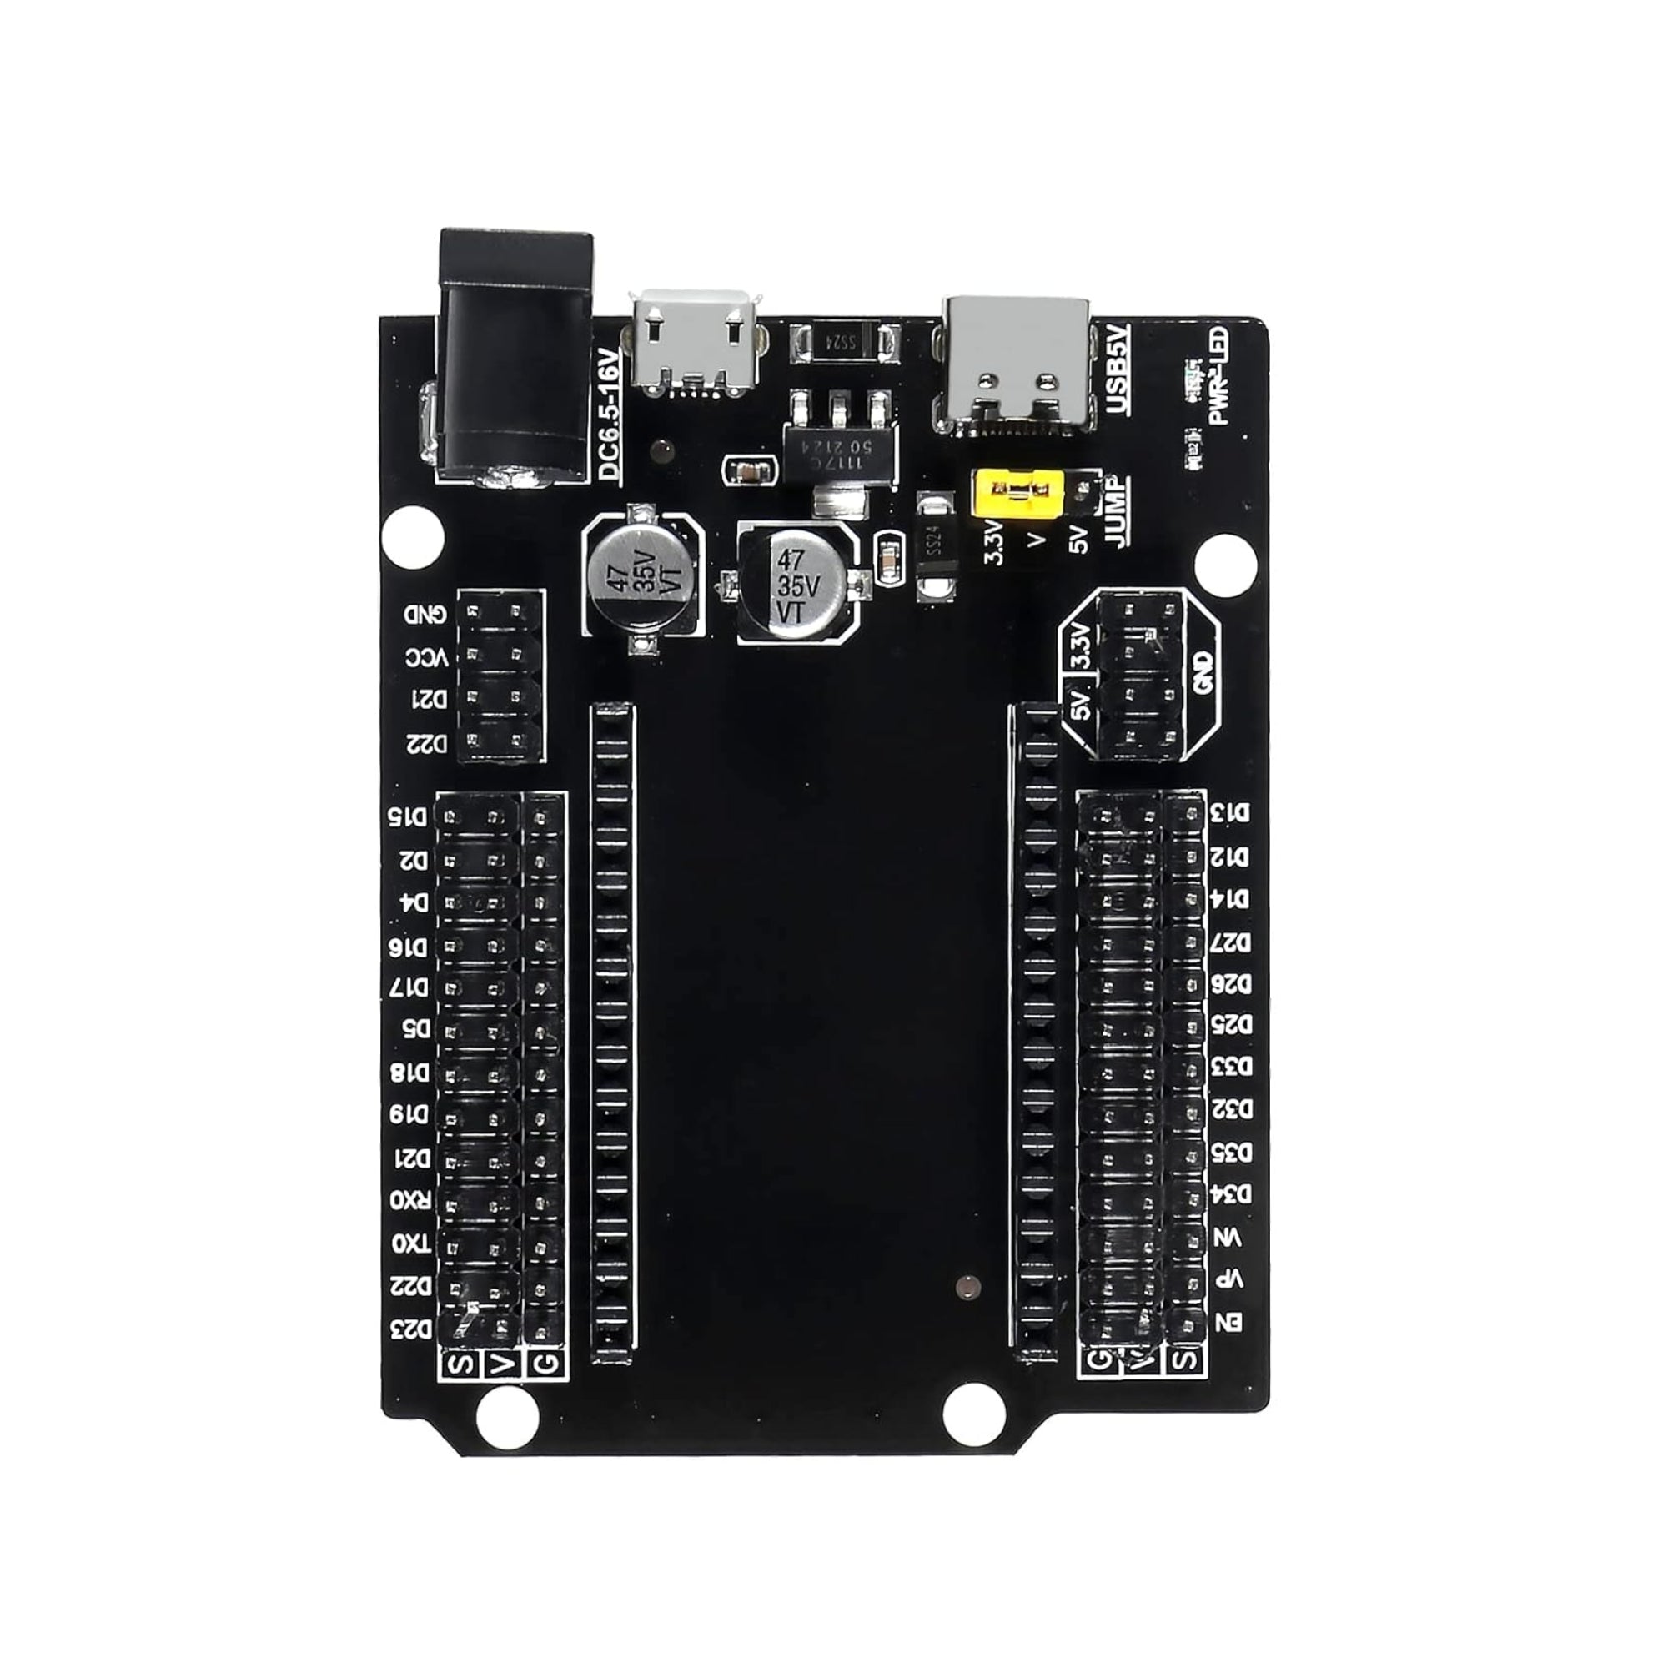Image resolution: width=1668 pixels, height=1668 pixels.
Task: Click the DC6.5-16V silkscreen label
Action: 610,414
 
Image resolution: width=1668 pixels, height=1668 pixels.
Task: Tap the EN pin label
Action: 1229,1323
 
